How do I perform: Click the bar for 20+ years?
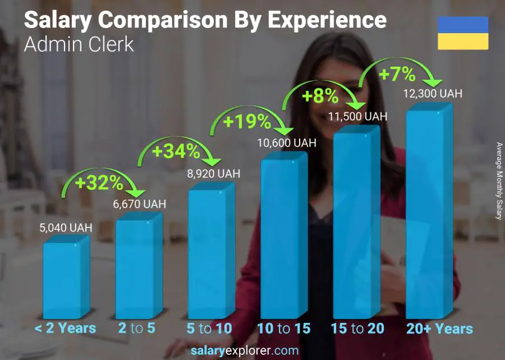(x=429, y=216)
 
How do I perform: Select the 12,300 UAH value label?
(x=433, y=94)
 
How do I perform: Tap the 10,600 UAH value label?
(x=286, y=143)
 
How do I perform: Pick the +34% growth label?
(x=175, y=151)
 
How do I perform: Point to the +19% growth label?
(x=247, y=121)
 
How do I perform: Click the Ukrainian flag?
(x=463, y=33)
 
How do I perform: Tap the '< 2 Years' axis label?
(x=66, y=329)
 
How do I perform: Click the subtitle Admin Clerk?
(x=79, y=44)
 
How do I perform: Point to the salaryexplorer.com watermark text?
(x=245, y=350)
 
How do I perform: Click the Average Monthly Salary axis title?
(x=498, y=180)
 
